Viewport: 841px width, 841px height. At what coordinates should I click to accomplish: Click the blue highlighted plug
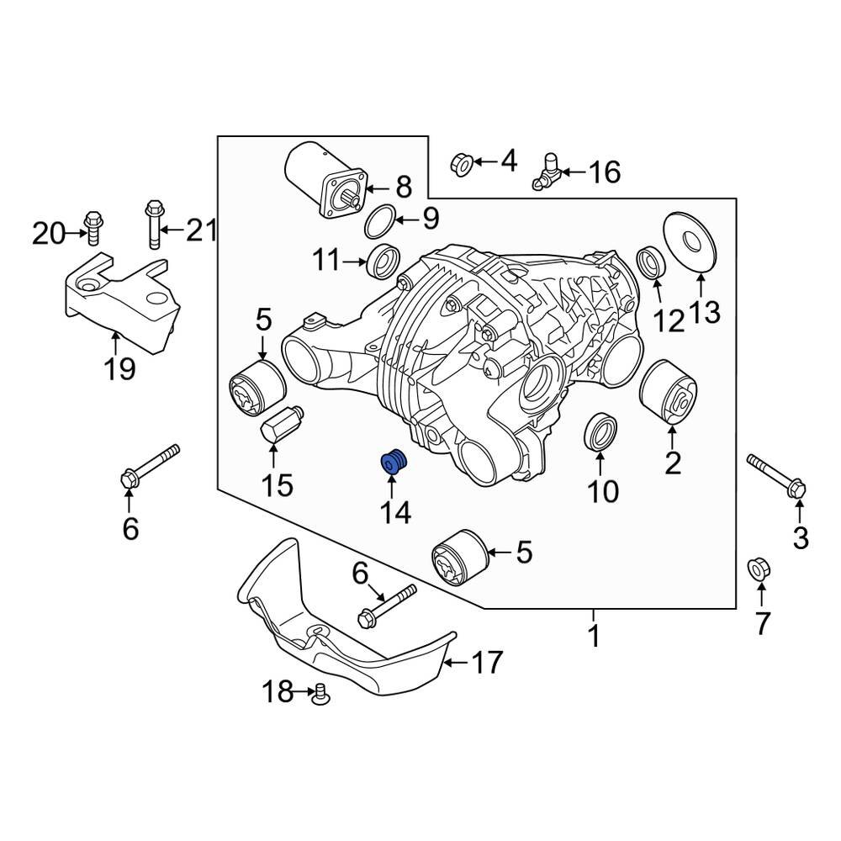point(393,462)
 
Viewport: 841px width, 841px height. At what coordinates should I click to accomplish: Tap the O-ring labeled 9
point(379,220)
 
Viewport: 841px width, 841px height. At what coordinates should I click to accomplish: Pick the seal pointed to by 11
point(384,261)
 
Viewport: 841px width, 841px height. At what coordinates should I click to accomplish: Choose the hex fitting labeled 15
point(277,424)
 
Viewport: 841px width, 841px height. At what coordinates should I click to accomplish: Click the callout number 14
point(393,511)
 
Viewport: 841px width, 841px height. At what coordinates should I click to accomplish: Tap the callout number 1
point(594,637)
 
